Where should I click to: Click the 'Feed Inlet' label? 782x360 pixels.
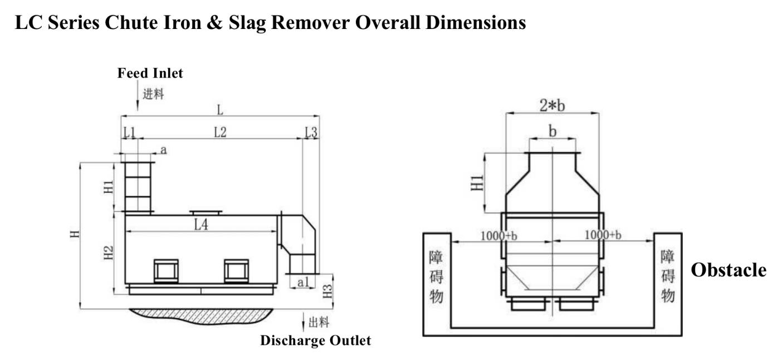pyautogui.click(x=150, y=74)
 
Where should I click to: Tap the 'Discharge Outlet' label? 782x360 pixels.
pyautogui.click(x=316, y=340)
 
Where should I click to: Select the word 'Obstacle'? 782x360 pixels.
pyautogui.click(x=729, y=270)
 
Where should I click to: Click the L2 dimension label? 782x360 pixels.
pyautogui.click(x=220, y=132)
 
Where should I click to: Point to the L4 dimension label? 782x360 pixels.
pyautogui.click(x=201, y=225)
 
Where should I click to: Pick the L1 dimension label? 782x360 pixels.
pyautogui.click(x=130, y=132)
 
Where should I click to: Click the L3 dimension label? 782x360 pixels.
pyautogui.click(x=311, y=132)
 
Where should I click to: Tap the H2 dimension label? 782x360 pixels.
pyautogui.click(x=109, y=253)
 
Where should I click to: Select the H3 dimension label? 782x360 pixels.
pyautogui.click(x=327, y=291)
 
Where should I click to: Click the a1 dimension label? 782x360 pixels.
pyautogui.click(x=303, y=282)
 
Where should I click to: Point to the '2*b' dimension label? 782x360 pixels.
pyautogui.click(x=552, y=105)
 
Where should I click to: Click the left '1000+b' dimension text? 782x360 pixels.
pyautogui.click(x=499, y=236)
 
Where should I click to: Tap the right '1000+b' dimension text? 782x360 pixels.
pyautogui.click(x=603, y=235)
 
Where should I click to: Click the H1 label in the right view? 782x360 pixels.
pyautogui.click(x=477, y=183)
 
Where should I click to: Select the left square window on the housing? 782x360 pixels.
pyautogui.click(x=166, y=271)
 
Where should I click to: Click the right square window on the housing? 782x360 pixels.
pyautogui.click(x=237, y=271)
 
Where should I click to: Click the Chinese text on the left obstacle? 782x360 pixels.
pyautogui.click(x=436, y=276)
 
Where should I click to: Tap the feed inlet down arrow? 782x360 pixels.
pyautogui.click(x=138, y=95)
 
